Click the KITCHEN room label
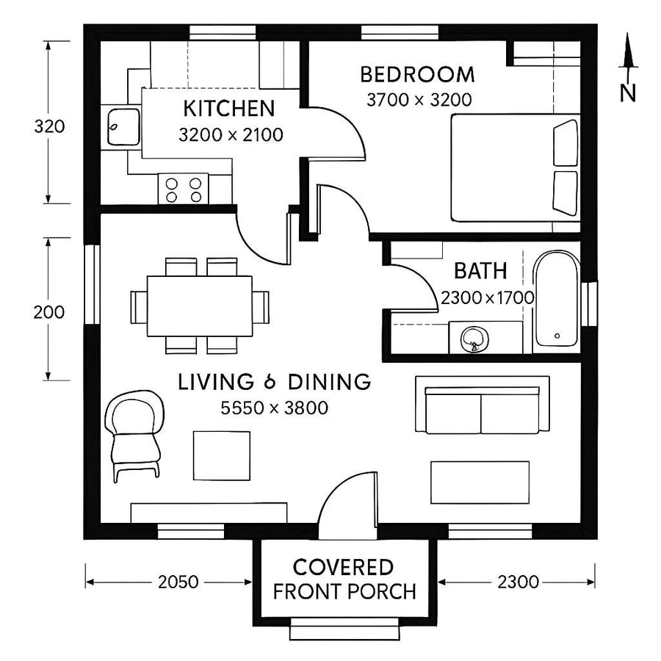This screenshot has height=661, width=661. point(228,109)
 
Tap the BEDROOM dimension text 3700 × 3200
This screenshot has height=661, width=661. point(419,99)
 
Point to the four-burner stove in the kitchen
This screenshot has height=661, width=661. point(184,189)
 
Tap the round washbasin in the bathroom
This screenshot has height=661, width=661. point(474,339)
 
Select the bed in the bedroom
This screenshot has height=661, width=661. point(514,167)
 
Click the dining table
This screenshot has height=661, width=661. point(199,306)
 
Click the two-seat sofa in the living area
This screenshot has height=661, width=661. point(482,405)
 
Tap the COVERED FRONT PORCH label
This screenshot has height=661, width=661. point(344,579)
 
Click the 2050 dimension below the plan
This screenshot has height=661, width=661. point(178,582)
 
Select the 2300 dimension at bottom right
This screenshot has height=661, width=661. point(518,582)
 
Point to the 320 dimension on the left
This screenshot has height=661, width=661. point(49,126)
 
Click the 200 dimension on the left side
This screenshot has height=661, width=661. point(49,312)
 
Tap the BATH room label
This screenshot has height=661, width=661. point(480,271)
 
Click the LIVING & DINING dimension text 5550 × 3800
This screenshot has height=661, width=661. point(274,408)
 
